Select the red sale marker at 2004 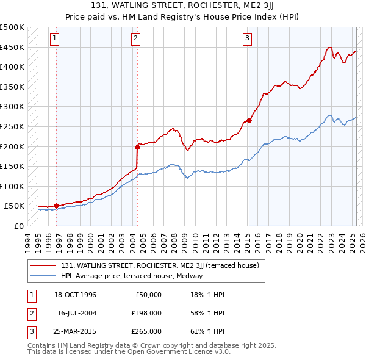click(137, 146)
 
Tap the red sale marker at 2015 click(249, 120)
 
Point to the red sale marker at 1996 click(56, 206)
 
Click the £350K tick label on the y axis click(12, 87)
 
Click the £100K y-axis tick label click(12, 186)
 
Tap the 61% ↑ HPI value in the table click(204, 331)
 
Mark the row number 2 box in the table click(30, 313)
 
